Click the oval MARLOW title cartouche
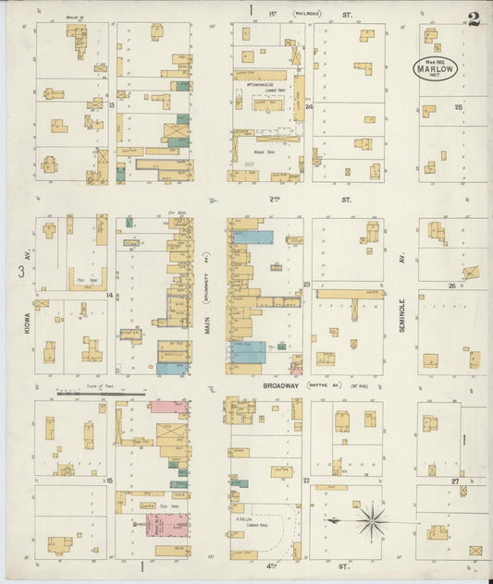(435, 67)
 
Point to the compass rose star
(371, 522)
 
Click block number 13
(111, 105)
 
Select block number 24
(309, 105)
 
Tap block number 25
(458, 108)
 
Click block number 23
(306, 285)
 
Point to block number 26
(452, 286)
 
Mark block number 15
(109, 481)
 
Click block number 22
(305, 481)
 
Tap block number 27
(455, 481)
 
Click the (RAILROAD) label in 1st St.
(308, 13)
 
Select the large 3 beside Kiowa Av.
(20, 271)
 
